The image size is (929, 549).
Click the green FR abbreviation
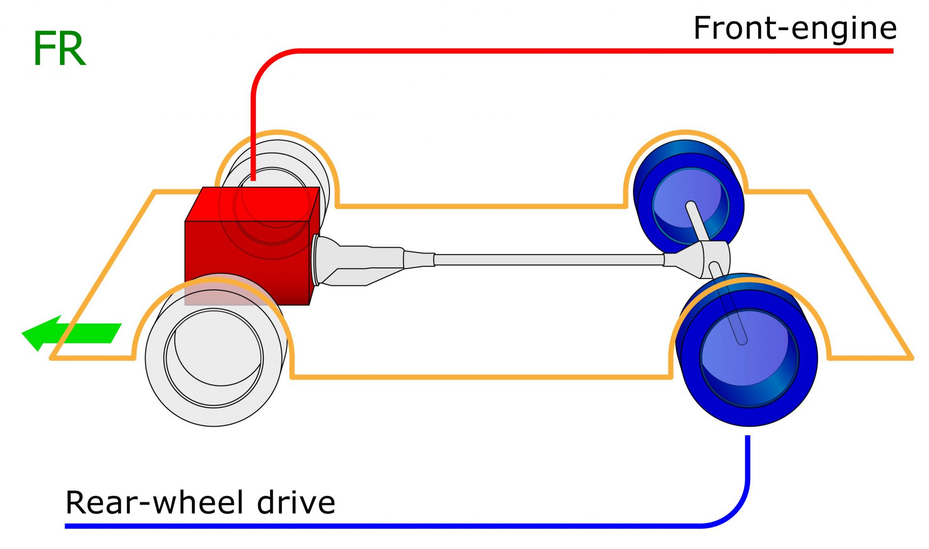59,49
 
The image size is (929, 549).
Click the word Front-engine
794,28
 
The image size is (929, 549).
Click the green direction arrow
73,333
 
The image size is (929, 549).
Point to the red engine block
247,261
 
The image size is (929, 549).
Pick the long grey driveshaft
547,260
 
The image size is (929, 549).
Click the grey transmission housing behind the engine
358,261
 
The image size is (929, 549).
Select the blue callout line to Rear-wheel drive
387,526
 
